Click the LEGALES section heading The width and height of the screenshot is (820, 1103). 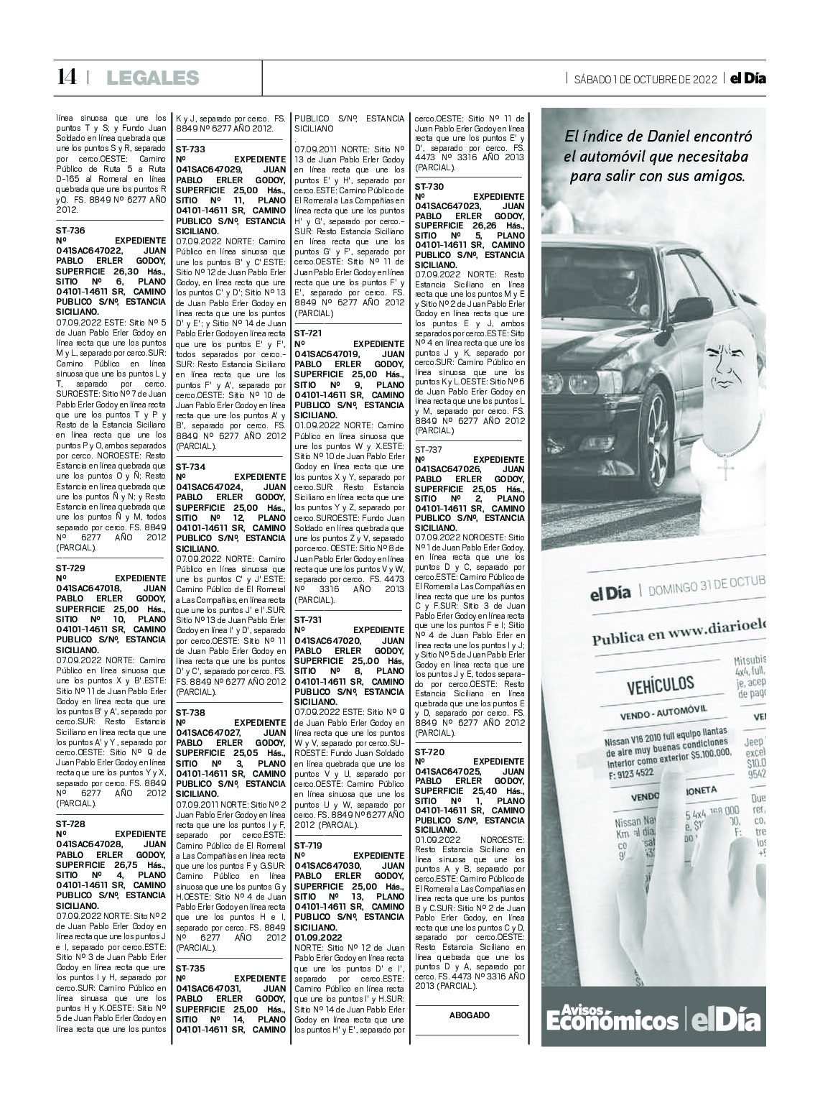point(152,78)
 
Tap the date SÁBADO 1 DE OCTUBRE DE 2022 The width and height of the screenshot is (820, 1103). point(645,79)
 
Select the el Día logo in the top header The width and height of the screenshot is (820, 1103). point(747,79)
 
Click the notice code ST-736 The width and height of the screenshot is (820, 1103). point(70,230)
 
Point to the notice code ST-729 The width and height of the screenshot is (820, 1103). point(70,567)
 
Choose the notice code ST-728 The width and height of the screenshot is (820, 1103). point(70,823)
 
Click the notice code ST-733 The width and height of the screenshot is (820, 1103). point(190,148)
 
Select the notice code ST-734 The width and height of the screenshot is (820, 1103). point(190,466)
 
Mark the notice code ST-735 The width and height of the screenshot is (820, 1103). point(190,968)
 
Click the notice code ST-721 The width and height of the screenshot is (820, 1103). point(309,333)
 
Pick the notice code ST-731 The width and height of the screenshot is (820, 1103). point(309,619)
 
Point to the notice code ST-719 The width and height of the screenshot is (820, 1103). point(309,846)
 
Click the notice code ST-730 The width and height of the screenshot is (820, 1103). point(429,185)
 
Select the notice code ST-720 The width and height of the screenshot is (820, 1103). point(429,750)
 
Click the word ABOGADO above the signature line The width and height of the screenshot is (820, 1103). point(470,1015)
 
